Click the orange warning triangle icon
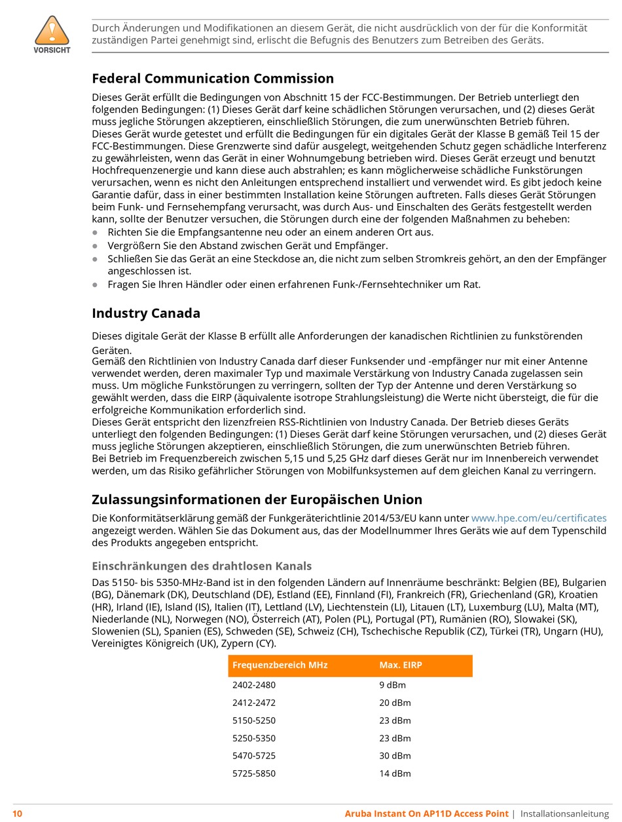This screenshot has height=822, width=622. (x=52, y=30)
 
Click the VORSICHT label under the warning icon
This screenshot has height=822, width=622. (x=52, y=50)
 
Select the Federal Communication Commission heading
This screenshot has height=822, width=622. (x=213, y=79)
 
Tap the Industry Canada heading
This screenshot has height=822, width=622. (x=146, y=313)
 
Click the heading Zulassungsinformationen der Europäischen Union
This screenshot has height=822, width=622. (x=257, y=499)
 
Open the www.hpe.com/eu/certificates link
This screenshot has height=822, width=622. (x=539, y=518)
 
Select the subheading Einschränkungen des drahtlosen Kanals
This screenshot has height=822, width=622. (x=202, y=566)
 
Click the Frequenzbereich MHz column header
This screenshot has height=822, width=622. (x=280, y=665)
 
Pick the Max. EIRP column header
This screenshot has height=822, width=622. (x=401, y=665)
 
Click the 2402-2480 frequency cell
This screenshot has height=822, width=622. (x=254, y=685)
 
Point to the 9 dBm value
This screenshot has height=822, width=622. (x=393, y=685)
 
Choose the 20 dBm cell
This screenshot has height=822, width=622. (x=395, y=703)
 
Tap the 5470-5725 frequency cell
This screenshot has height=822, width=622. (x=254, y=756)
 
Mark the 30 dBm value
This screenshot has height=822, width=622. (x=395, y=756)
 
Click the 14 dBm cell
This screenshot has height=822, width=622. (x=395, y=773)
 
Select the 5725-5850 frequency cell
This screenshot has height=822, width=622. (x=254, y=773)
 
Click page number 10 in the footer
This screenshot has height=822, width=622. (x=17, y=813)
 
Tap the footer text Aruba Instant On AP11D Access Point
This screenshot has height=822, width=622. (x=426, y=813)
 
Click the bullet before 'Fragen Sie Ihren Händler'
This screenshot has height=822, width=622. (x=95, y=284)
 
